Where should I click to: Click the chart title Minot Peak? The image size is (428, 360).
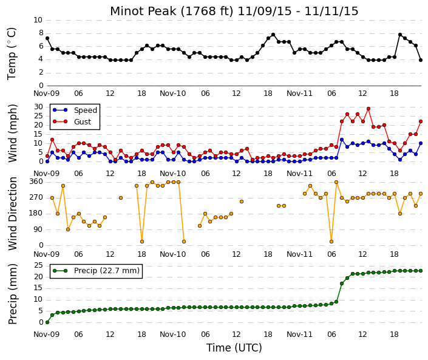(143, 12)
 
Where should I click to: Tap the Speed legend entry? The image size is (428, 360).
(75, 110)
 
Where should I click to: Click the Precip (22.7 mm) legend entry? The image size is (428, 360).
(96, 271)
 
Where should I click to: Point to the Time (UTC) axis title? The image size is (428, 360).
(234, 348)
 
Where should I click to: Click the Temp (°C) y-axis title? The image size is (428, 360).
(12, 53)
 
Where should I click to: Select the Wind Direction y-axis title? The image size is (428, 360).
(12, 214)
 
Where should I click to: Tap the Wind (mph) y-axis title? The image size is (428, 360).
(12, 133)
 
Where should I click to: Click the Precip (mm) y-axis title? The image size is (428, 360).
(12, 294)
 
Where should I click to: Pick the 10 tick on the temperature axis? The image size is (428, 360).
(38, 20)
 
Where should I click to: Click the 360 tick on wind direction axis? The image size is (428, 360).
(36, 182)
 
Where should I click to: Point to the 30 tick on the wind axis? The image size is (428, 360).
(38, 107)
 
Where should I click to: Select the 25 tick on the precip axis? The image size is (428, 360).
(38, 265)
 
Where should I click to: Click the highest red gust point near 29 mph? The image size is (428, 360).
(369, 109)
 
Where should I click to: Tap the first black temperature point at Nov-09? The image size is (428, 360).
(47, 38)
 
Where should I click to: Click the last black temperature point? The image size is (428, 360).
(421, 60)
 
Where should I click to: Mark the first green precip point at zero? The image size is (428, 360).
(47, 322)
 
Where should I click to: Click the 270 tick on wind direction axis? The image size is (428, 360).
(36, 197)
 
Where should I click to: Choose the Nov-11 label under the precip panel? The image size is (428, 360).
(299, 335)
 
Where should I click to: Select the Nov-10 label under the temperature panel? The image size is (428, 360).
(173, 93)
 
